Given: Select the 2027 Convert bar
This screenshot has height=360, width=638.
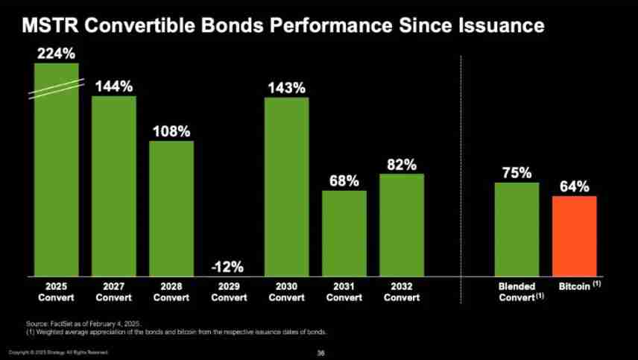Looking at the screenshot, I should click(114, 186).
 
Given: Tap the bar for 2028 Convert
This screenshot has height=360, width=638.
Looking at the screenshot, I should click(171, 209).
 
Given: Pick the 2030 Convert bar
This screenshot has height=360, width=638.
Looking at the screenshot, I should click(286, 186).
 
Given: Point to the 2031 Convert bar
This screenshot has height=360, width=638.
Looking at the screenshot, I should click(344, 233).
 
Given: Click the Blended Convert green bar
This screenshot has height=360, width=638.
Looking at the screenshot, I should click(517, 230).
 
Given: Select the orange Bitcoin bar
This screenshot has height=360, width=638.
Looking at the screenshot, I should click(574, 236).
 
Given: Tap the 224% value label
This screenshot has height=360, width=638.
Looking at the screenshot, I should click(56, 53).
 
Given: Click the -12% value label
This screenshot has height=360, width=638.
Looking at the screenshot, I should click(229, 267).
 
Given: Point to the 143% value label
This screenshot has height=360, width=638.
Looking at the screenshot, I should click(286, 87).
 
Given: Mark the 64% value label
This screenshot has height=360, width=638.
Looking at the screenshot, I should click(574, 186).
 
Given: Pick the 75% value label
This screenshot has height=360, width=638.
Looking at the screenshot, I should click(517, 173).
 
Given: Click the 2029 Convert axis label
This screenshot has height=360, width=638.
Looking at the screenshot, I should click(229, 292).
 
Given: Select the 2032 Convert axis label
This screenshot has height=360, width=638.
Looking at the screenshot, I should click(402, 292).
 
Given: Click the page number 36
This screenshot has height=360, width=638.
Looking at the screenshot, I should click(321, 352).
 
